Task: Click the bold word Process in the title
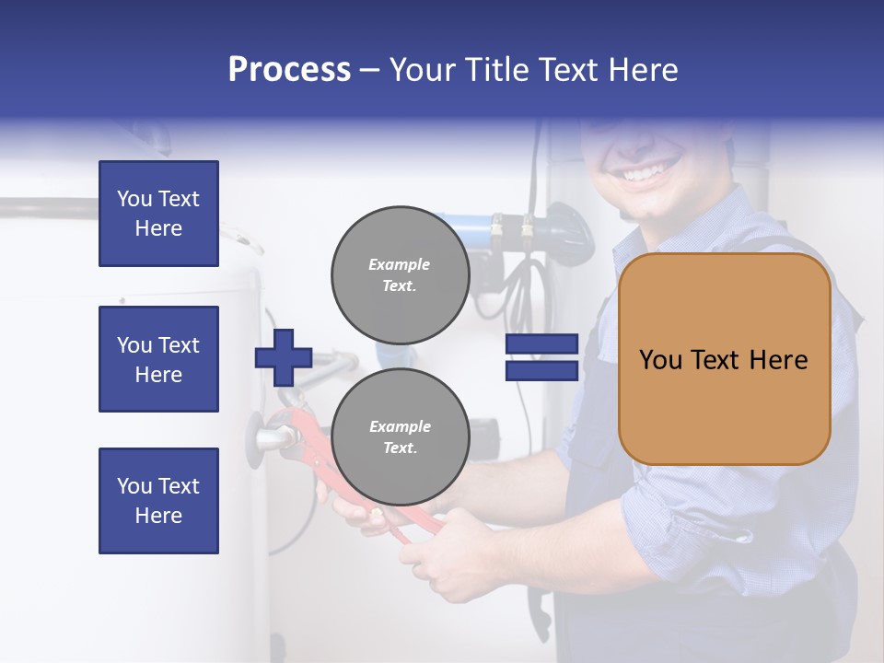[x=289, y=70]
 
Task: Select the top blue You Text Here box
[x=158, y=214]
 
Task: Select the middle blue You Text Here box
[x=158, y=359]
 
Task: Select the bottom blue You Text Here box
[x=158, y=500]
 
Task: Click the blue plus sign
[x=284, y=356]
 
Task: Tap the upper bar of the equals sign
[x=541, y=345]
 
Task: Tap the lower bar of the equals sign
[x=541, y=370]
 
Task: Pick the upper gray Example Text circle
[x=400, y=274]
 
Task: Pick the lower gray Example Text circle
[x=400, y=437]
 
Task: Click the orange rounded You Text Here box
[x=724, y=359]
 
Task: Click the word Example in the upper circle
[x=400, y=264]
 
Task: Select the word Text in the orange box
[x=724, y=360]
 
